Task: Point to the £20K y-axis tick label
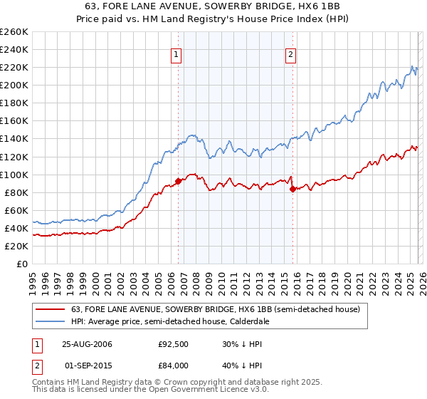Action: pyautogui.click(x=15, y=246)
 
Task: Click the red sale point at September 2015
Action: pyautogui.click(x=292, y=189)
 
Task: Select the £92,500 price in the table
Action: pyautogui.click(x=173, y=344)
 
